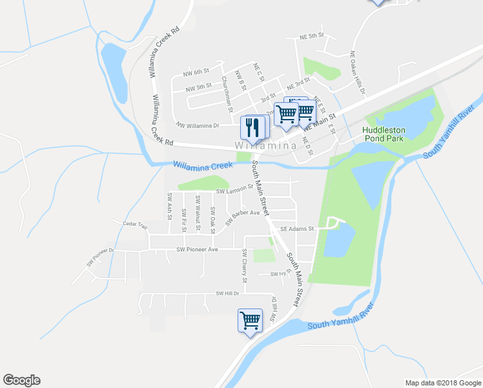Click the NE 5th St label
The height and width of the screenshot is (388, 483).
coord(311,36)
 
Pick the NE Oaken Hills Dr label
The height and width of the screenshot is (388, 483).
coord(358,72)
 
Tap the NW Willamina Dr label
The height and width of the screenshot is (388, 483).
coord(198,125)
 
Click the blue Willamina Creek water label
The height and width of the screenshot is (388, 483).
coord(202,166)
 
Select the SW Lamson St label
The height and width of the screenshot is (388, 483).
coord(234,191)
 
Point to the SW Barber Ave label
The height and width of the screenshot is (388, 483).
coord(242,217)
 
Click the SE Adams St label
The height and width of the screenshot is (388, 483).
coord(297,228)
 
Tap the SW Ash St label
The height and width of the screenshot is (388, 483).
coord(169,206)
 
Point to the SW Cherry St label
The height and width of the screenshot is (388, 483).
coord(245,266)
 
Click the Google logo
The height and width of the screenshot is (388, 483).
coord(21,380)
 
